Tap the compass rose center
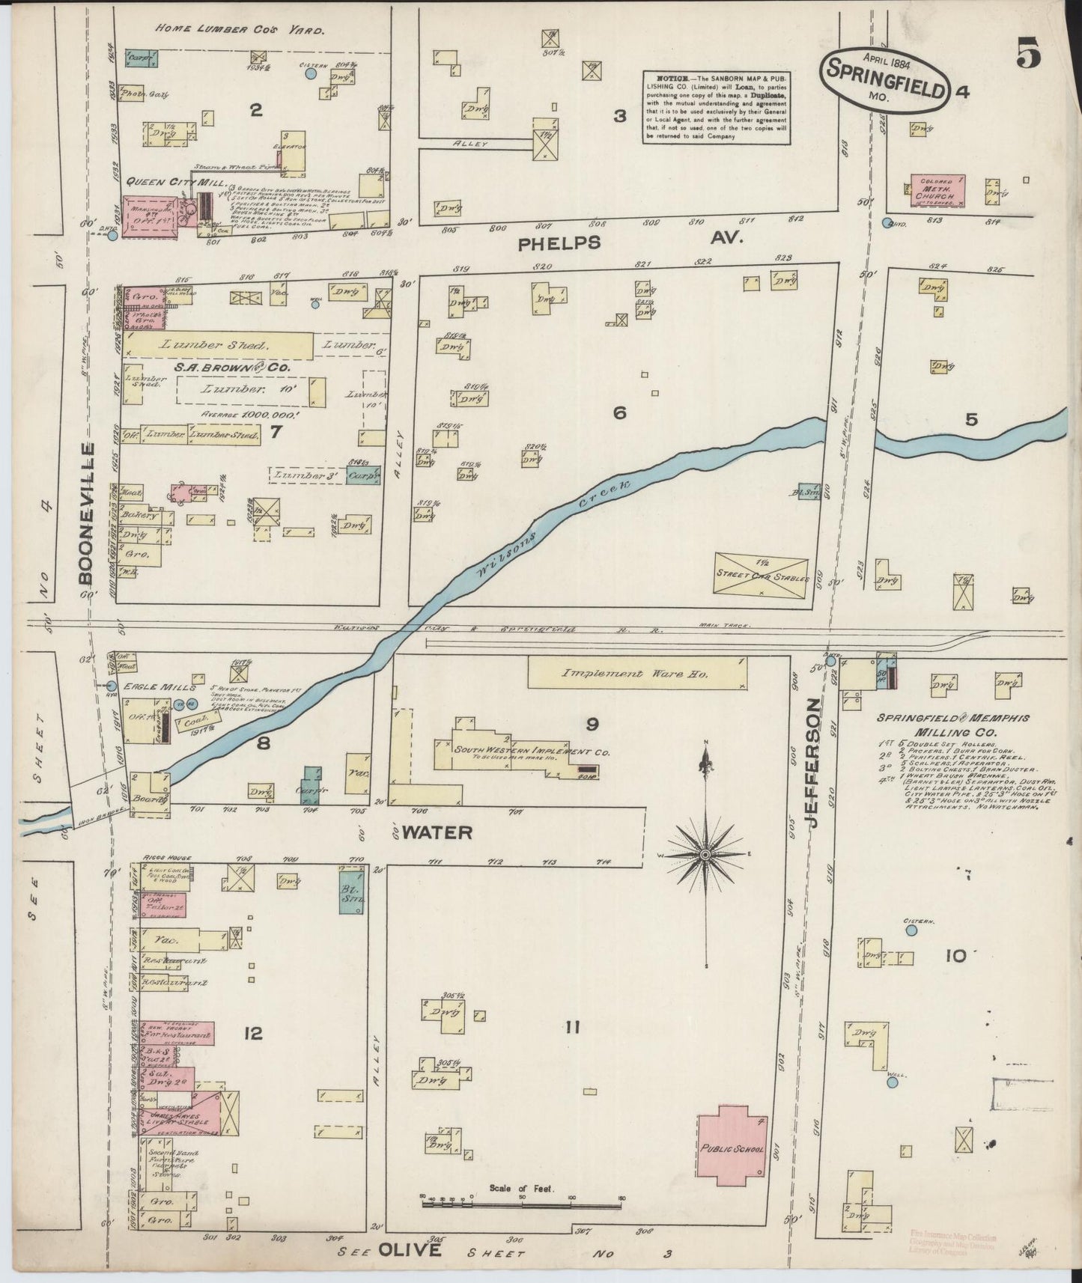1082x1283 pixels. tap(705, 854)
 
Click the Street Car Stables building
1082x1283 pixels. tap(761, 576)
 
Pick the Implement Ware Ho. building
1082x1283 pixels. tap(636, 673)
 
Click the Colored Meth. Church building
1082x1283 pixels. tap(937, 191)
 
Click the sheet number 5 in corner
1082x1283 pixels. tap(1028, 55)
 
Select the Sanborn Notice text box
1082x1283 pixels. tap(717, 107)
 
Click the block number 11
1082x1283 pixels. tap(573, 1028)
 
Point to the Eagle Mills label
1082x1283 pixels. tap(149, 686)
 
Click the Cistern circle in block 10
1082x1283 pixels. tap(911, 930)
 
